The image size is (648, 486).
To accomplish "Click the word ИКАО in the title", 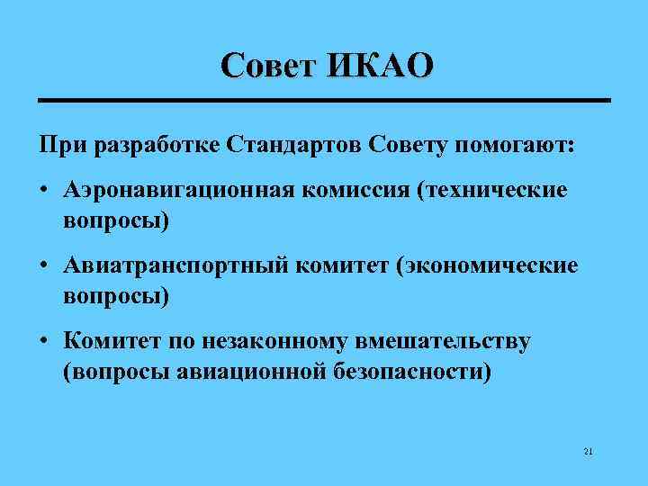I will [382, 66].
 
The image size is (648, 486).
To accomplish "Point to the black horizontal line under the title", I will [324, 99].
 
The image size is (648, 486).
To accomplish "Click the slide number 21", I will [588, 450].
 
